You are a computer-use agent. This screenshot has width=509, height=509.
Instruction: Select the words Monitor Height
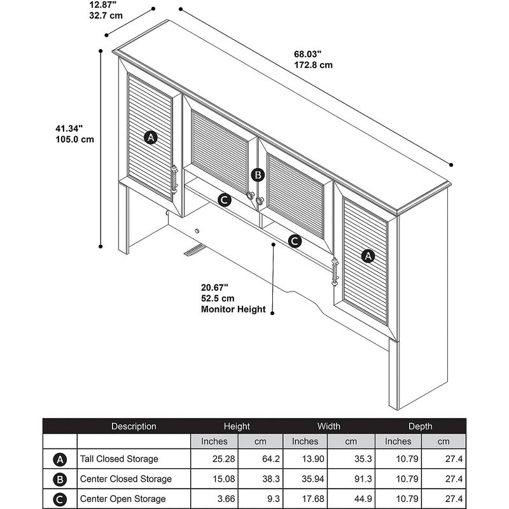233,309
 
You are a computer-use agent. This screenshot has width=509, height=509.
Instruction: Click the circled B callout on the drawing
258,174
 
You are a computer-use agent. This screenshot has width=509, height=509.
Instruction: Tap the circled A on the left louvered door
150,137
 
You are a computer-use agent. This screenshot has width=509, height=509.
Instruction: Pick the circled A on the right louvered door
368,256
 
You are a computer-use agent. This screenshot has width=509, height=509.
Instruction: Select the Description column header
134,426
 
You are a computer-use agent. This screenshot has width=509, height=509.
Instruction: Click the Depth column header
420,426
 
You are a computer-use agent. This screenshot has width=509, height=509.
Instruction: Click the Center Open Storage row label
123,499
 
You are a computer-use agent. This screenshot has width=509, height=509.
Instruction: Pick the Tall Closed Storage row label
119,459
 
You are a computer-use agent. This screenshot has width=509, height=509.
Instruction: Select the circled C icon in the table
60,499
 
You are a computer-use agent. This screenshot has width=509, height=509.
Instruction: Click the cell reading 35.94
305,478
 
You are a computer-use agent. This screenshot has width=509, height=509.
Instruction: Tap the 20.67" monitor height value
215,288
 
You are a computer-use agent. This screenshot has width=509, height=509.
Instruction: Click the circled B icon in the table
60,478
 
